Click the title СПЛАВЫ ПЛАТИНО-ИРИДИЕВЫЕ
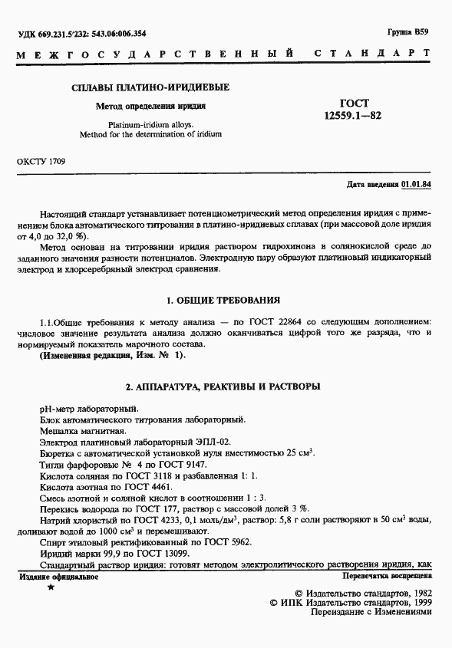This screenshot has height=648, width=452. tap(150, 87)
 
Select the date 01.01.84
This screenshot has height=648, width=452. tap(416, 186)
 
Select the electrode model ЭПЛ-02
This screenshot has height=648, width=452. tap(213, 442)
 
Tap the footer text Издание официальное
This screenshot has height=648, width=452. tap(58, 575)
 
